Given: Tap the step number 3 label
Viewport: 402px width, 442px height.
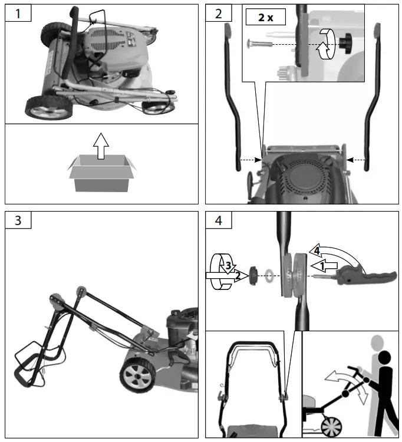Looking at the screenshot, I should coord(17,221).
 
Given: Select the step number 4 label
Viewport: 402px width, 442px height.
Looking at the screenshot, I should coord(219,221).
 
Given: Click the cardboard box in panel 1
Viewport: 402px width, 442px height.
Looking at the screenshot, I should coord(102,174).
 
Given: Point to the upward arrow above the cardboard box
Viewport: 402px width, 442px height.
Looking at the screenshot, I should coord(101,146).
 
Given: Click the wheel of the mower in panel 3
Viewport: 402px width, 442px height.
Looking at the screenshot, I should coord(138,374).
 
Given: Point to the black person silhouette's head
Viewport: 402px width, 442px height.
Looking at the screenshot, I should coord(384,358).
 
